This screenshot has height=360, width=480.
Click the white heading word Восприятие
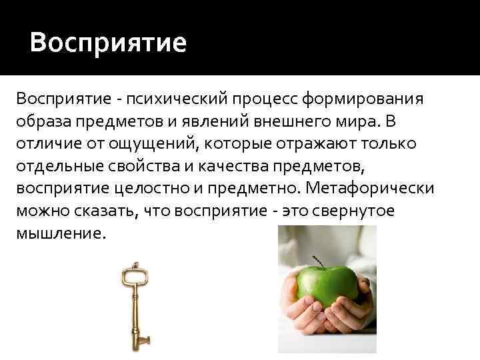(108, 43)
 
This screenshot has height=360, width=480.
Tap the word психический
(173, 100)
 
